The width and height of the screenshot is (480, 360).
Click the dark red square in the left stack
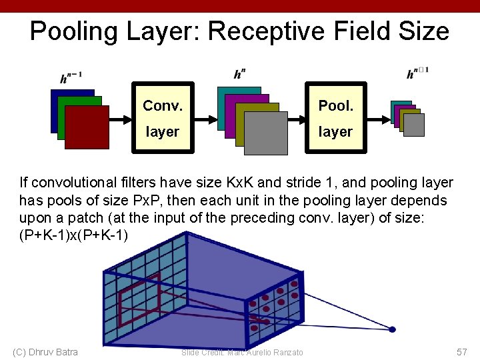click(x=87, y=127)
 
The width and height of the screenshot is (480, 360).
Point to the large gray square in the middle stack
click(x=265, y=132)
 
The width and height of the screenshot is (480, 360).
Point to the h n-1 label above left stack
click(x=71, y=77)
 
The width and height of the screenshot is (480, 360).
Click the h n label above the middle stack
click(x=239, y=73)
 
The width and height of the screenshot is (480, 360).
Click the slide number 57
click(x=462, y=351)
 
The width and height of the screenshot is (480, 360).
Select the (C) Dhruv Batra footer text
click(x=45, y=352)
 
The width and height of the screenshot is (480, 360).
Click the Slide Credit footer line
click(x=242, y=352)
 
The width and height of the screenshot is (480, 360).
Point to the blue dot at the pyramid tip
click(x=393, y=329)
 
